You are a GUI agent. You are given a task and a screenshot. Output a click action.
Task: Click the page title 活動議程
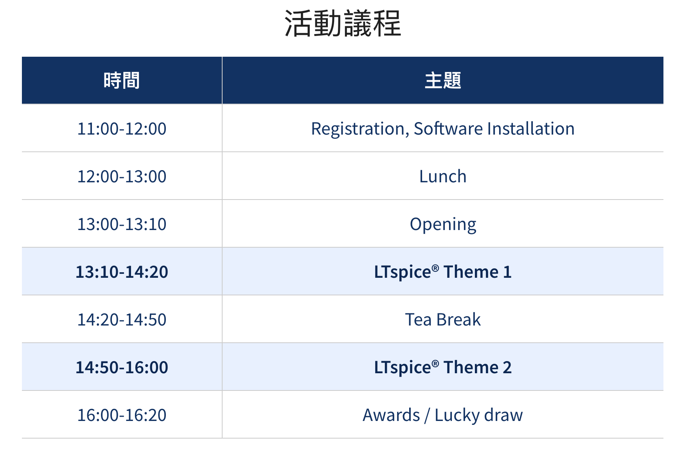pyautogui.click(x=343, y=23)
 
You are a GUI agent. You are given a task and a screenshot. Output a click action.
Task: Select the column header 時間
pyautogui.click(x=122, y=81)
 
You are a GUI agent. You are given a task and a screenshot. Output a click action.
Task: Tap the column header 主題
pyautogui.click(x=443, y=81)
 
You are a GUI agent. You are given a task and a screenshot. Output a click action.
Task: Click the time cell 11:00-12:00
pyautogui.click(x=122, y=129)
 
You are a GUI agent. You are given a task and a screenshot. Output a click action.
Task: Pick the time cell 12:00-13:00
pyautogui.click(x=122, y=176)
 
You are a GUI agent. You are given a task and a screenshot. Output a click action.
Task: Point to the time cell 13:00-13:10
pyautogui.click(x=122, y=224)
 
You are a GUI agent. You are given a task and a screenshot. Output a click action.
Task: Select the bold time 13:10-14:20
pyautogui.click(x=122, y=272)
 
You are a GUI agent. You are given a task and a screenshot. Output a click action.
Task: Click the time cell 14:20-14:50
pyautogui.click(x=122, y=320)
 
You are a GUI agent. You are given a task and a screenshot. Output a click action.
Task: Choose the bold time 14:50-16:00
pyautogui.click(x=122, y=367)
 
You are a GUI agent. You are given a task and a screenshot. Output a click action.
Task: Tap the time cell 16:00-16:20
pyautogui.click(x=122, y=415)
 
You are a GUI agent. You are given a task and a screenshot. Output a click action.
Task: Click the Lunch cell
pyautogui.click(x=443, y=176)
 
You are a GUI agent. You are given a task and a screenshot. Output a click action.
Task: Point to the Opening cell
pyautogui.click(x=443, y=225)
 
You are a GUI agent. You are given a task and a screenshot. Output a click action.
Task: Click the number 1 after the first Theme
pyautogui.click(x=507, y=272)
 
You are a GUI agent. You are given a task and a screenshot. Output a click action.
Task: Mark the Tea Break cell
pyautogui.click(x=443, y=320)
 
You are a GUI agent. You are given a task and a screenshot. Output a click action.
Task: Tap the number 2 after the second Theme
pyautogui.click(x=507, y=367)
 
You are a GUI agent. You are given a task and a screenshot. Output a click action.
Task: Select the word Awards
pyautogui.click(x=391, y=415)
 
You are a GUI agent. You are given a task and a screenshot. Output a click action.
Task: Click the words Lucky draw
pyautogui.click(x=479, y=416)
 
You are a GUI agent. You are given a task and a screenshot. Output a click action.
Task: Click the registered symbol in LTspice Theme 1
pyautogui.click(x=435, y=268)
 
